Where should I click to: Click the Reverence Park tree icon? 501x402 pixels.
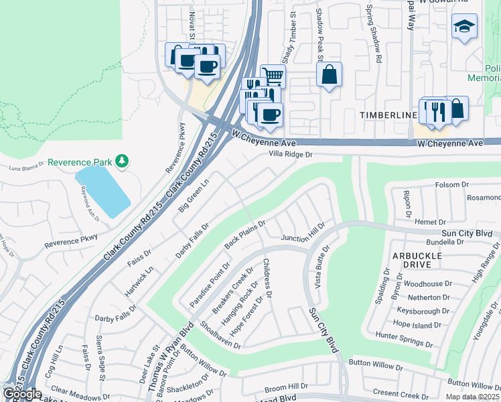pyautogui.click(x=121, y=161)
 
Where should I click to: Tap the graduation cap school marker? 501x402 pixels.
pyautogui.click(x=464, y=27)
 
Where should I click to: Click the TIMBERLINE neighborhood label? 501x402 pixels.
pyautogui.click(x=388, y=115)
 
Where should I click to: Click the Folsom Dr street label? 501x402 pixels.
pyautogui.click(x=451, y=184)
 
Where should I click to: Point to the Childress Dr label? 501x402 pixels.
pyautogui.click(x=268, y=278)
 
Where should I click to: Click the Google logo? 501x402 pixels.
pyautogui.click(x=22, y=393)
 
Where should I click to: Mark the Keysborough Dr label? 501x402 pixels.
pyautogui.click(x=422, y=311)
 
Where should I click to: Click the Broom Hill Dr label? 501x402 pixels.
pyautogui.click(x=285, y=387)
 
